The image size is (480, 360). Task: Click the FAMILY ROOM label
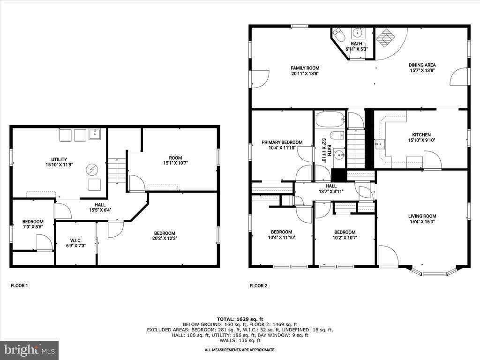click(305, 68)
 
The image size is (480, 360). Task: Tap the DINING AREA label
click(422, 65)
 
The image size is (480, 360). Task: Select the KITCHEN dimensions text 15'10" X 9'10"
click(421, 140)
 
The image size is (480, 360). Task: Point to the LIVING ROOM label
click(422, 216)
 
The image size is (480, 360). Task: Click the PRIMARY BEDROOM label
click(282, 142)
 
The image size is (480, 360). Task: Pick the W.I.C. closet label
click(76, 240)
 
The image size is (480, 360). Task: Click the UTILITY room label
click(59, 159)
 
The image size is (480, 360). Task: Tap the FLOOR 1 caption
click(19, 285)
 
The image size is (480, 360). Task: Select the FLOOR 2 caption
click(258, 285)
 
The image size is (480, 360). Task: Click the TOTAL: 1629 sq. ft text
click(240, 319)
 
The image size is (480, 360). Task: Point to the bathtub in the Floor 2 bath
click(330, 120)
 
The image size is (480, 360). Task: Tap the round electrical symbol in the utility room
click(91, 169)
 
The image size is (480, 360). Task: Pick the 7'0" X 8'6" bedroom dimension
click(33, 227)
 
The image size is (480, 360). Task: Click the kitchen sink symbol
click(380, 143)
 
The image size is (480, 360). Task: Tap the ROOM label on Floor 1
click(175, 158)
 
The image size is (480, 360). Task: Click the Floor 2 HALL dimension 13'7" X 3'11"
click(331, 192)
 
